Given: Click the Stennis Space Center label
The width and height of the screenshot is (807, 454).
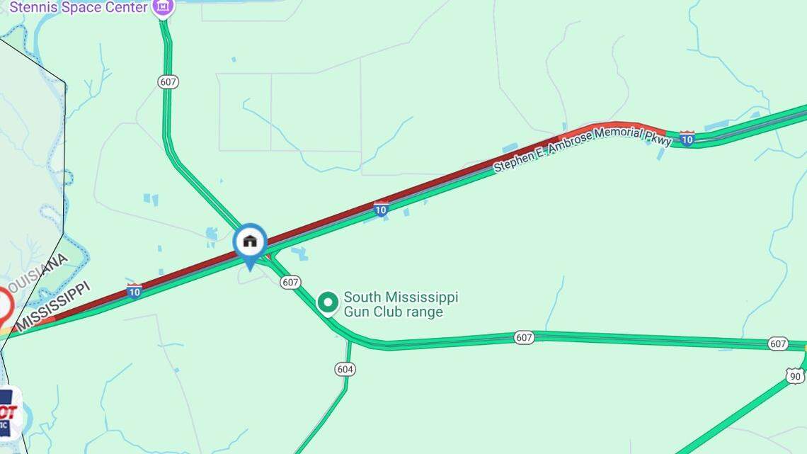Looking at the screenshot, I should click(x=78, y=7).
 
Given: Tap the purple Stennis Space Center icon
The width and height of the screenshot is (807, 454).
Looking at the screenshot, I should click(x=164, y=7).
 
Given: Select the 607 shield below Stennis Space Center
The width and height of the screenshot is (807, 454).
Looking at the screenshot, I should click(x=168, y=82).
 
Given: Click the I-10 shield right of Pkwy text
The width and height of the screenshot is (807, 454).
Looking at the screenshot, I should click(x=687, y=138).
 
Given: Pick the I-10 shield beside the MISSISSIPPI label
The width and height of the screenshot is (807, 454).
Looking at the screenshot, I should click(x=134, y=290).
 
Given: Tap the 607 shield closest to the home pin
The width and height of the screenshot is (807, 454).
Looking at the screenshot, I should click(x=290, y=282).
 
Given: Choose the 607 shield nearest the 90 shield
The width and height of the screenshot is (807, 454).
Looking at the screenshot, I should click(x=778, y=344).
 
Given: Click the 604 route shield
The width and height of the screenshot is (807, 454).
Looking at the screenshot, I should click(x=345, y=369).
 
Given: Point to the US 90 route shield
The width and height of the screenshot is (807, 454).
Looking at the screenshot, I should click(x=795, y=376).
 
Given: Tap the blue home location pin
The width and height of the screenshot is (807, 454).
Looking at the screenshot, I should click(x=250, y=243).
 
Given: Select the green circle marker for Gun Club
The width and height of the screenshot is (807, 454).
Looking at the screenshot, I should click(x=327, y=303).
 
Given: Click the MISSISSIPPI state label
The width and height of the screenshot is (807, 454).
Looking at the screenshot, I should click(x=54, y=307).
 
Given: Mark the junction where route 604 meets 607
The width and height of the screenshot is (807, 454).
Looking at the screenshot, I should click(x=349, y=342).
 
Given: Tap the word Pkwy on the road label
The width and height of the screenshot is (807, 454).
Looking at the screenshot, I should click(x=658, y=140).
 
